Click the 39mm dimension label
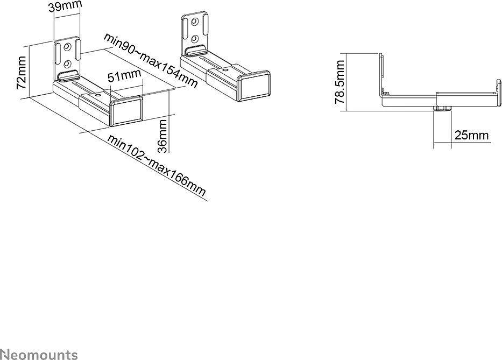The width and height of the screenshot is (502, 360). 65,6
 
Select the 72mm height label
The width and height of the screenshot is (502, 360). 22,73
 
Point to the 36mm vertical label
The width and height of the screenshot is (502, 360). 163,136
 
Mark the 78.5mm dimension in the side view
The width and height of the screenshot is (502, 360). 340,82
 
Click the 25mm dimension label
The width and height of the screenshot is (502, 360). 471,135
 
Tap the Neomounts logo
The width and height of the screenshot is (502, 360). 39,354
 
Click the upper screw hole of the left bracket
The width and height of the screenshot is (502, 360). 67,47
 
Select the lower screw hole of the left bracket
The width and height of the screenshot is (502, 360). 67,64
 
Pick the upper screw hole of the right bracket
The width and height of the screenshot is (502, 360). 194,22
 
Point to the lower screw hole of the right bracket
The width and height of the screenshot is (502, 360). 194,39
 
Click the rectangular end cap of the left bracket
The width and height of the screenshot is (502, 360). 127,111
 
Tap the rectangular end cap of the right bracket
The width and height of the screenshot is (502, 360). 254,86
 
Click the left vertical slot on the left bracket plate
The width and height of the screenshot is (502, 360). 58,52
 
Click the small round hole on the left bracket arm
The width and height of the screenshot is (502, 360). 97,95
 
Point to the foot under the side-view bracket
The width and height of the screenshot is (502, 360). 442,109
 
